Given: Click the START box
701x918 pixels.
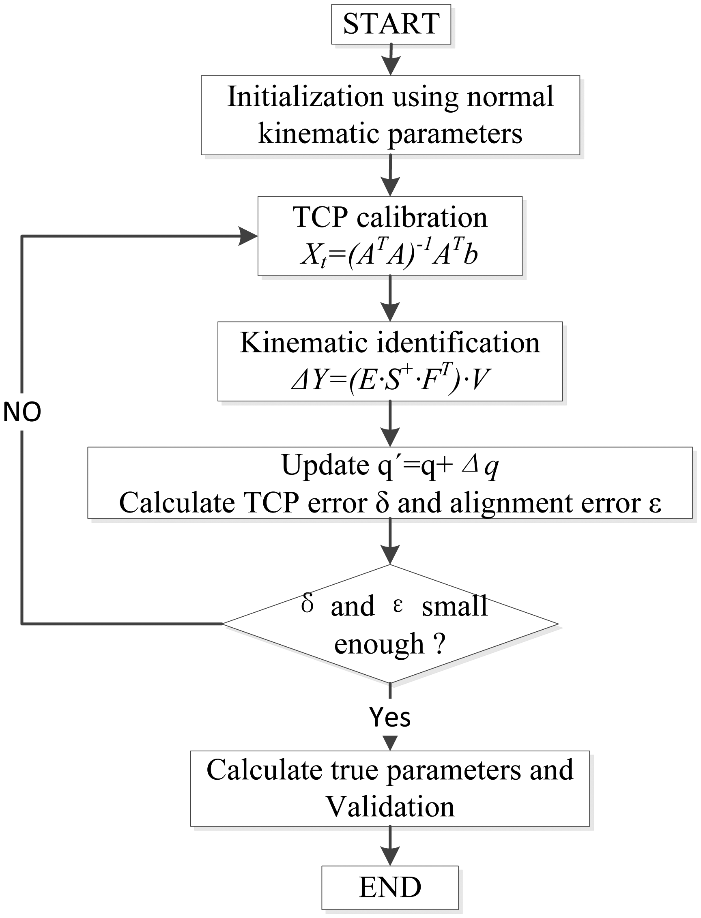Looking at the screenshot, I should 391,24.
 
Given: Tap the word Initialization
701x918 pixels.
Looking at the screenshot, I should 305,97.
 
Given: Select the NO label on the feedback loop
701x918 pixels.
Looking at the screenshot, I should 22,412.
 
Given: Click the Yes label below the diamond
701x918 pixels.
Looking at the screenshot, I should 390,717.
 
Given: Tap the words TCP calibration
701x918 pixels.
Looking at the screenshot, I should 390,217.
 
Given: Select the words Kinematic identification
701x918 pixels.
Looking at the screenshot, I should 390,343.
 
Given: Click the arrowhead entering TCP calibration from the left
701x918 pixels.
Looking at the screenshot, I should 248,236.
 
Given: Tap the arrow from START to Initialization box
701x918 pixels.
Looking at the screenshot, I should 391,60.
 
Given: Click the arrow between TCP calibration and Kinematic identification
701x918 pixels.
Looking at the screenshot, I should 390,298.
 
